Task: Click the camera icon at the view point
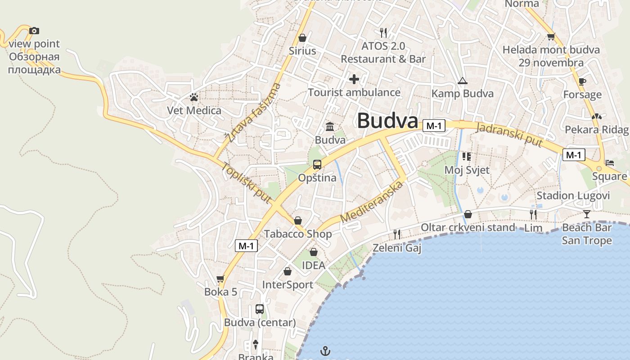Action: (34, 31)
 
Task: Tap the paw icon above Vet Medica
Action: (194, 97)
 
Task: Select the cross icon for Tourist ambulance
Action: (354, 79)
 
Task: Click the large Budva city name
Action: (387, 121)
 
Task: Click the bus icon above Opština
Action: (317, 164)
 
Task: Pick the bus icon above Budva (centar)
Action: (260, 309)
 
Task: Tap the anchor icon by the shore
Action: (325, 350)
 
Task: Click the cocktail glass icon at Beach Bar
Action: (586, 214)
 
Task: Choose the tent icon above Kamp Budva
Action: (462, 81)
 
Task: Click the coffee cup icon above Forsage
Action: (582, 81)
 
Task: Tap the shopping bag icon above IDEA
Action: (313, 252)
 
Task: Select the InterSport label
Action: (288, 285)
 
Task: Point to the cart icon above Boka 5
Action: (220, 279)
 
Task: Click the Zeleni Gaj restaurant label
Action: (397, 247)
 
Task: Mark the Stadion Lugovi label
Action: (573, 196)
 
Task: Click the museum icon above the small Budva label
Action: (330, 126)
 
